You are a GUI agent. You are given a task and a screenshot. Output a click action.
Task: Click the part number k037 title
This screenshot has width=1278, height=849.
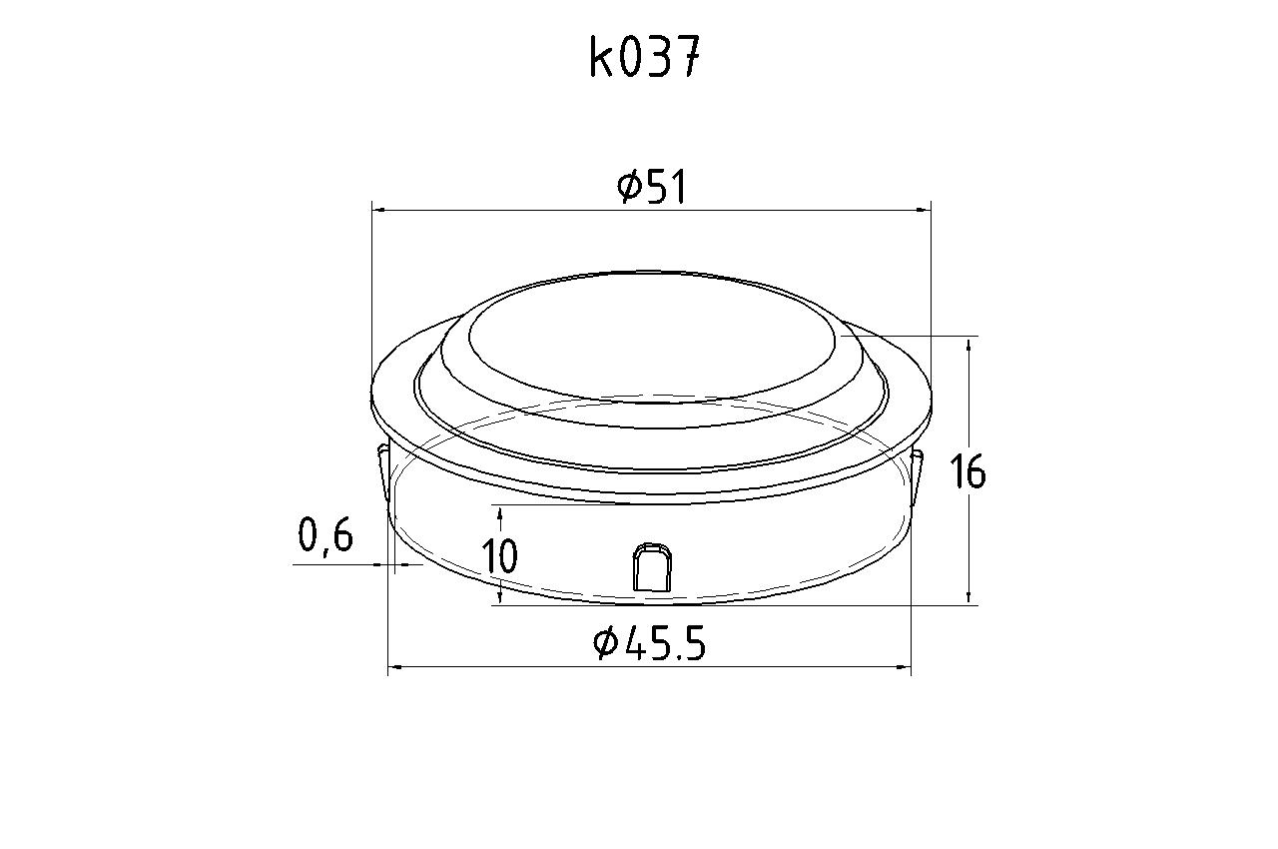(644, 57)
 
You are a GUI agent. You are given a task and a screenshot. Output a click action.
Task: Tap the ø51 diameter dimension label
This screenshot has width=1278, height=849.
(651, 186)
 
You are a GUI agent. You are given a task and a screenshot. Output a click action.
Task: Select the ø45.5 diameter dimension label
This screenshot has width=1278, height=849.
(649, 642)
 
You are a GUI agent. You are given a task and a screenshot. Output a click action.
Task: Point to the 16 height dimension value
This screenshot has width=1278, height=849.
(967, 471)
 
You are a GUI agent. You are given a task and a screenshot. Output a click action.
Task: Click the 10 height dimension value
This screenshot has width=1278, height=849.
(500, 555)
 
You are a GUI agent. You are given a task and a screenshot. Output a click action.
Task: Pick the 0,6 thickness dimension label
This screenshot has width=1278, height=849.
(325, 535)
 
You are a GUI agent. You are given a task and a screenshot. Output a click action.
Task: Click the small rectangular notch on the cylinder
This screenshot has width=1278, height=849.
(652, 567)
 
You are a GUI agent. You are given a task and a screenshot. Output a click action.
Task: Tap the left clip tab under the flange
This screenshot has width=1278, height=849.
(383, 469)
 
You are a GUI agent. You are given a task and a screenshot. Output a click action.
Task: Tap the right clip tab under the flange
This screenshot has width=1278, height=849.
(917, 472)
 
